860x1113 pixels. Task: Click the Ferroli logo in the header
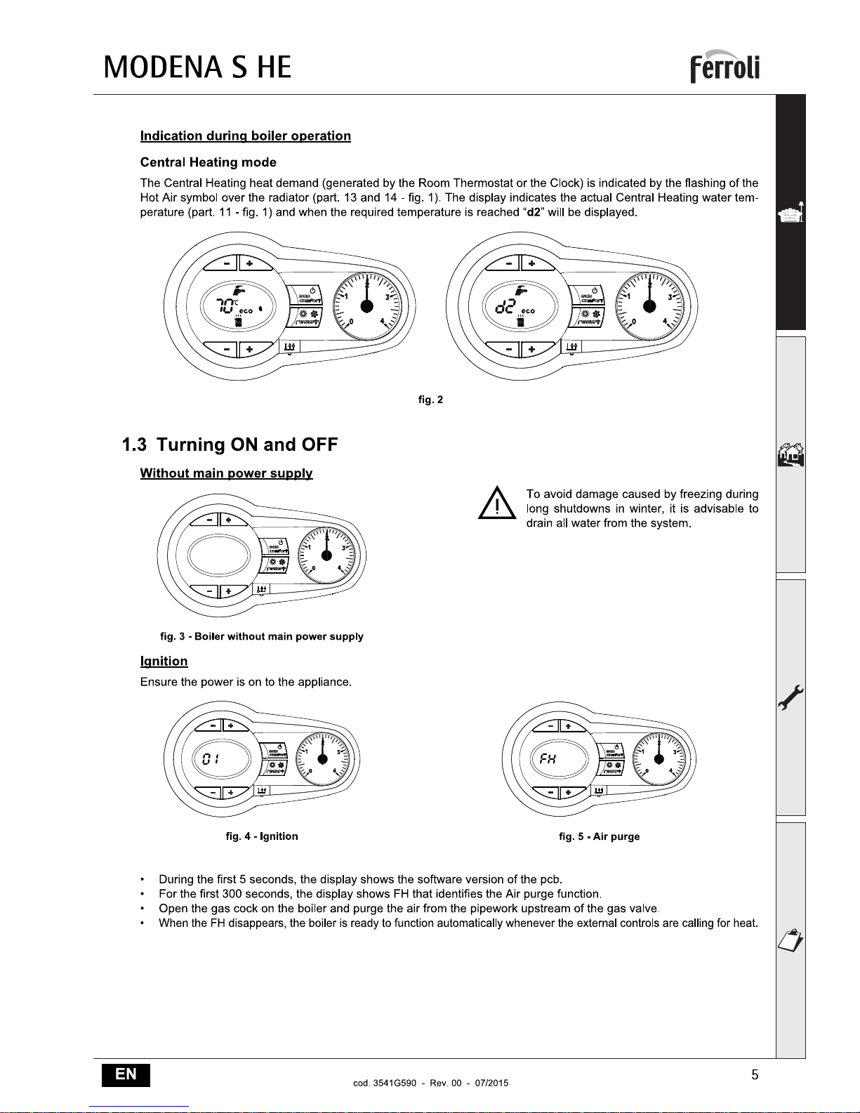coord(725,67)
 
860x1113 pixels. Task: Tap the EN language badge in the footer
coord(126,1074)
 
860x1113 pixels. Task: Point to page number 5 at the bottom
coord(755,1074)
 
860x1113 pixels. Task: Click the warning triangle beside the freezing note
coord(496,503)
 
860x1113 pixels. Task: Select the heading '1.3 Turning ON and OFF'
coord(230,444)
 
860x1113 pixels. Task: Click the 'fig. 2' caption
coord(430,400)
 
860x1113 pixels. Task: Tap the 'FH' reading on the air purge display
coord(548,758)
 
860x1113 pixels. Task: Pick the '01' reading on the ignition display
coord(211,758)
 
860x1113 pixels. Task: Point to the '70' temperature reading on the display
coord(225,305)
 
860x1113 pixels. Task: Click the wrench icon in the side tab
coord(790,697)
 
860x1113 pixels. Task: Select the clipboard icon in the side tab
coord(790,940)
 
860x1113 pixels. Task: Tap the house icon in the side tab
coord(791,454)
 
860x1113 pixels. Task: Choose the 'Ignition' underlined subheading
coord(164,661)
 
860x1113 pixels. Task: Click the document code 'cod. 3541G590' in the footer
coord(385,1083)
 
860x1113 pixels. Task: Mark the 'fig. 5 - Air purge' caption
coord(599,836)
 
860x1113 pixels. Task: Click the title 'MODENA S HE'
coord(197,67)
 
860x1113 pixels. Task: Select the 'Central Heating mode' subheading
coord(208,162)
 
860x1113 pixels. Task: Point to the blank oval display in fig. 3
coord(219,555)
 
